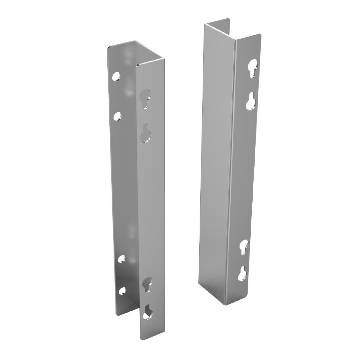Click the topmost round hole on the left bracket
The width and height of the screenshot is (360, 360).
point(116,77)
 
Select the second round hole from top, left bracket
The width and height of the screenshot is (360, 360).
point(117,116)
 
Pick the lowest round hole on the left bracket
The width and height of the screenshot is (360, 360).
point(123,291)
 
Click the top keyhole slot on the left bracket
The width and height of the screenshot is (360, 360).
point(145,97)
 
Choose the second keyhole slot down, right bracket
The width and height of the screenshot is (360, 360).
point(251,101)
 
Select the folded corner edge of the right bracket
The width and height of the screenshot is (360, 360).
point(233,164)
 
